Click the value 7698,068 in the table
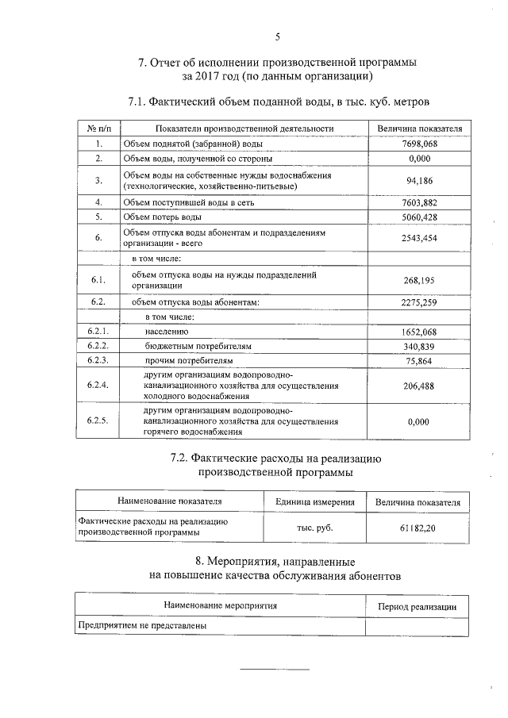click(421, 144)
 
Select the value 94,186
click(421, 181)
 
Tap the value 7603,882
click(421, 203)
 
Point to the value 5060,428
click(421, 217)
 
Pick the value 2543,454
click(421, 238)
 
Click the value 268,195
click(421, 280)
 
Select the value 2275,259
click(421, 301)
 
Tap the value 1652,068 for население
click(421, 332)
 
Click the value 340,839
click(421, 346)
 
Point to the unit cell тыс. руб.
click(314, 528)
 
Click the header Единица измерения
click(314, 502)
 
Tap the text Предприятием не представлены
click(142, 626)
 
